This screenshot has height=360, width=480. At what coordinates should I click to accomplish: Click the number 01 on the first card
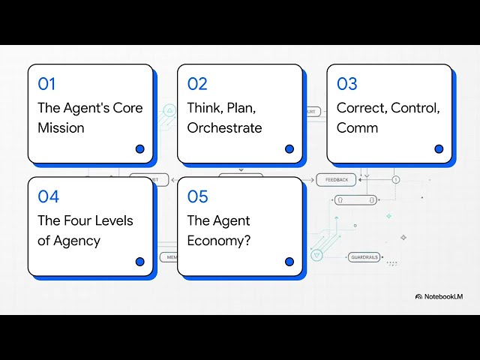click(46, 84)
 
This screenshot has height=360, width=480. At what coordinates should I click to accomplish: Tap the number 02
click(197, 84)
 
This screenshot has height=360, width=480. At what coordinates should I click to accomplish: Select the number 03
click(346, 84)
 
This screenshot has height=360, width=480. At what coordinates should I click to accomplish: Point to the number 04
click(48, 196)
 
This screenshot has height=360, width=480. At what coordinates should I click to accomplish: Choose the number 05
click(197, 196)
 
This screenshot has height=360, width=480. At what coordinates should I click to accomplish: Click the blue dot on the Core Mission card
click(139, 148)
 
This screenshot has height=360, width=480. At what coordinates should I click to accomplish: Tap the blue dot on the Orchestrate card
click(289, 148)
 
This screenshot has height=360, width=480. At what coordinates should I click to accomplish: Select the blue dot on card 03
click(439, 148)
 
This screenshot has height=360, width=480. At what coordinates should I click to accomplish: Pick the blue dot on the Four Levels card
click(139, 262)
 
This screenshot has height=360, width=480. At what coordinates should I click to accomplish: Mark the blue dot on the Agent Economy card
click(289, 262)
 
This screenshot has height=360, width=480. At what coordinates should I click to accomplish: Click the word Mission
click(61, 127)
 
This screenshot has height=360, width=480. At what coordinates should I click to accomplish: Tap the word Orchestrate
click(224, 127)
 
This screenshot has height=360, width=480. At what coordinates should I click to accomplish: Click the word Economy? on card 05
click(219, 241)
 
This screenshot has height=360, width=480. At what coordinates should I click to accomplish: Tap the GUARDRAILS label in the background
click(365, 257)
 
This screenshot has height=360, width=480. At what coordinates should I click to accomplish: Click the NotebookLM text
click(444, 296)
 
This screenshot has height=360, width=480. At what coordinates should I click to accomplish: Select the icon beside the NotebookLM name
click(418, 296)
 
